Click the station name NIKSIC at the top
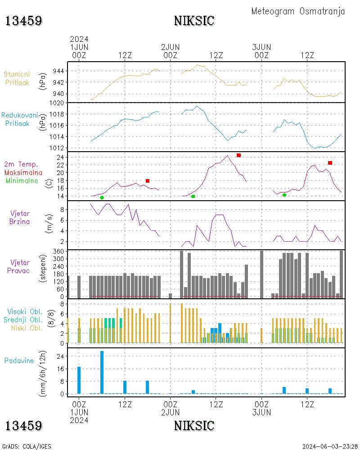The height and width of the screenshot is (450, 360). click(194, 21)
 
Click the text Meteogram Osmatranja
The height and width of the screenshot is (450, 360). click(298, 11)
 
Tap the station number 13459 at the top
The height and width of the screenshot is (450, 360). click(24, 21)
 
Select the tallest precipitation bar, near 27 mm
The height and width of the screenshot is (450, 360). click(102, 372)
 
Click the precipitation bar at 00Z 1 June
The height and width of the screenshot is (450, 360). click(79, 380)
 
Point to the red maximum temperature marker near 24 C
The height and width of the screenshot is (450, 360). click(238, 155)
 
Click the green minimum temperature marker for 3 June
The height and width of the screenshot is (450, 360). click(284, 195)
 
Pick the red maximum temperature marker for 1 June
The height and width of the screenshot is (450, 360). click(148, 181)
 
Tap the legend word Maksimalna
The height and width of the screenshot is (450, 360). click(23, 172)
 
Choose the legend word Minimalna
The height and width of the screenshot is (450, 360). click(22, 180)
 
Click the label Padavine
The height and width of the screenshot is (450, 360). click(19, 360)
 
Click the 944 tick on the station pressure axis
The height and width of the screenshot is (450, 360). click(59, 71)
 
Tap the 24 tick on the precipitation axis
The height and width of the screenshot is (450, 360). click(61, 356)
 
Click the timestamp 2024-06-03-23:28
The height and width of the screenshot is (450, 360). click(329, 446)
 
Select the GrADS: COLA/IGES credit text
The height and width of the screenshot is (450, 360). click(26, 446)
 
